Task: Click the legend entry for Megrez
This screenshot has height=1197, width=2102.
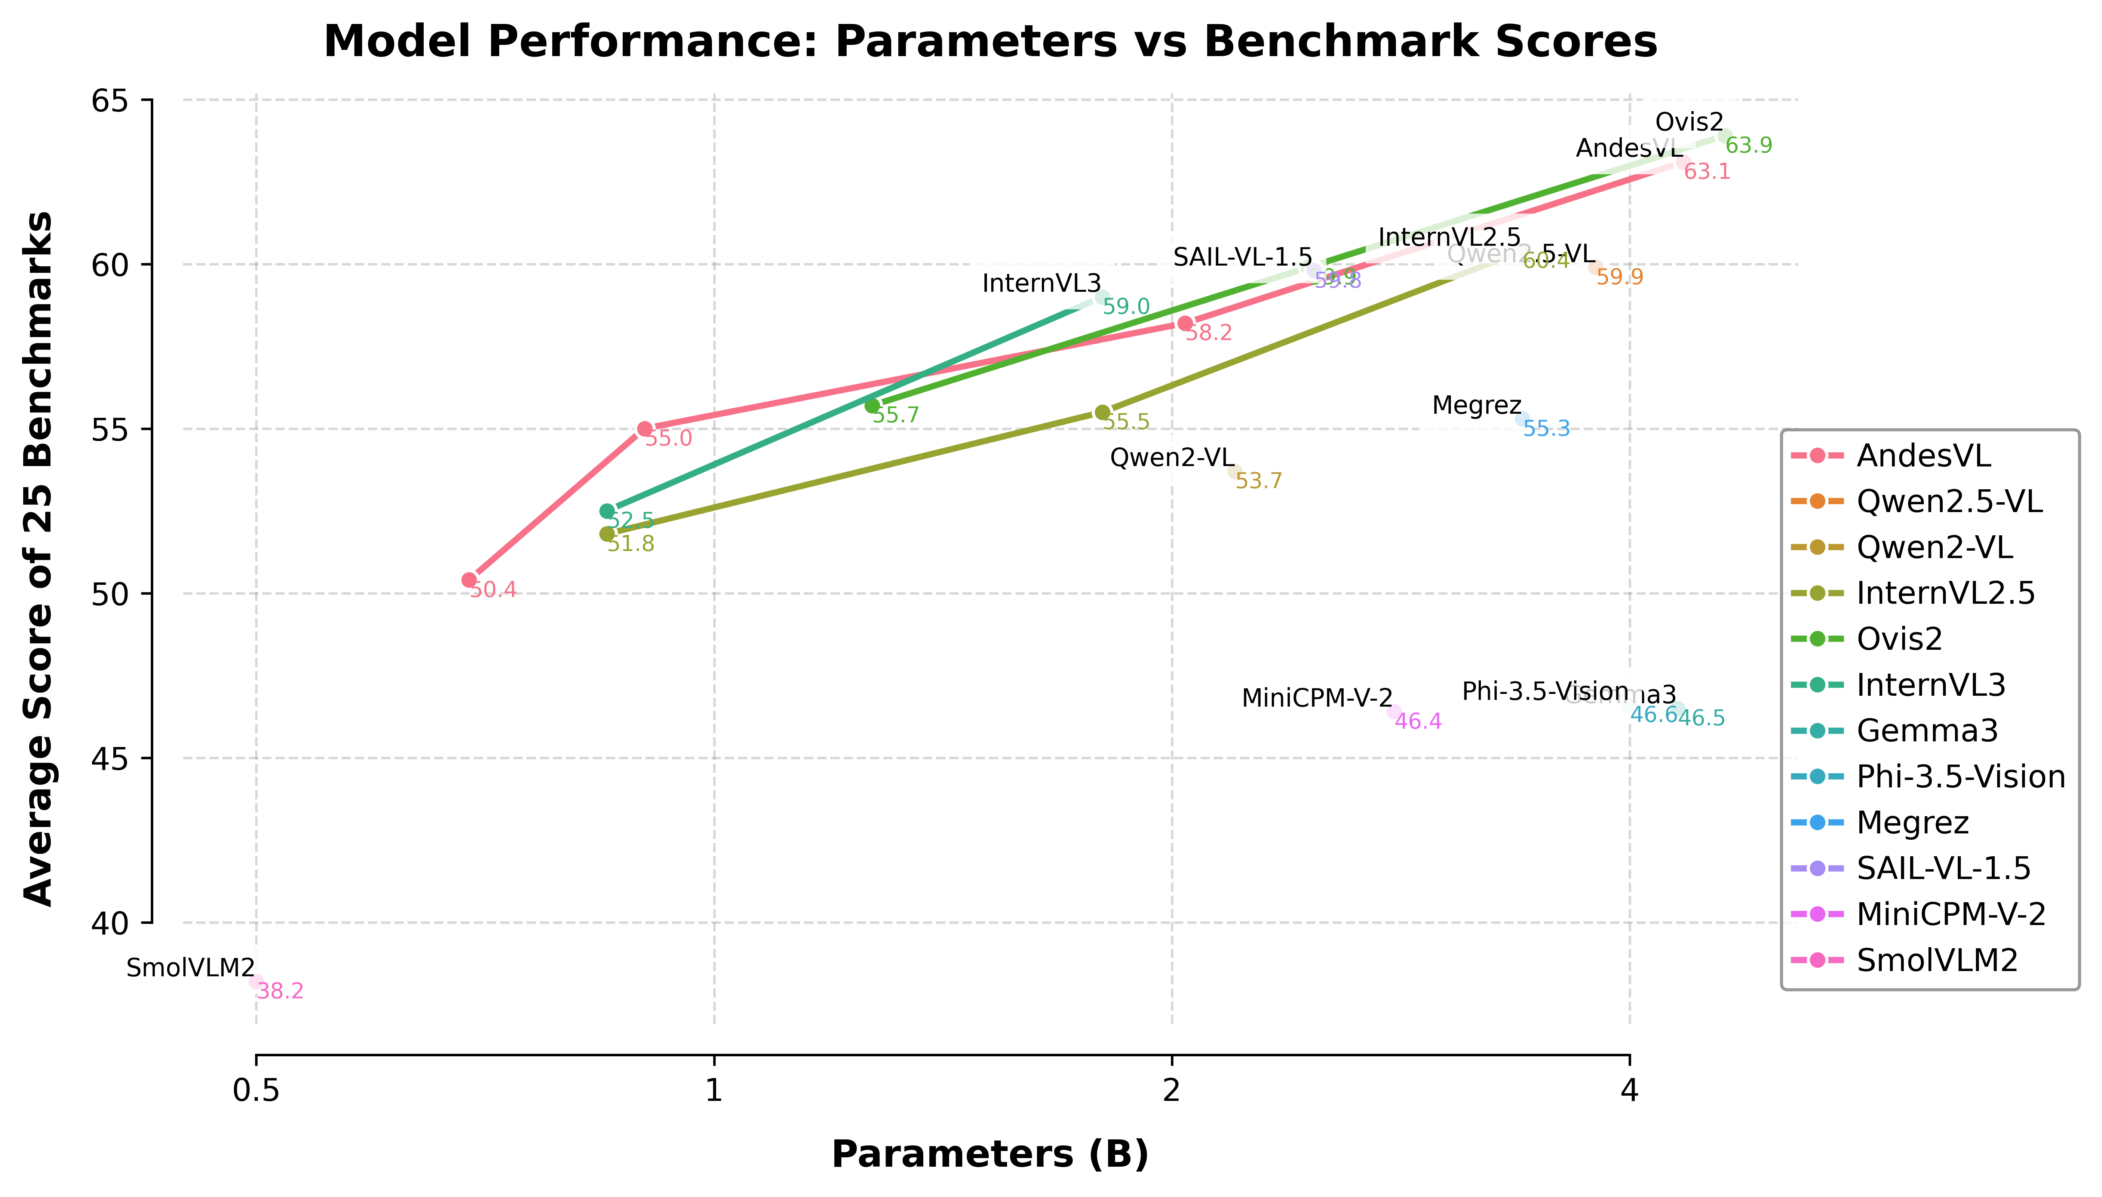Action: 1912,822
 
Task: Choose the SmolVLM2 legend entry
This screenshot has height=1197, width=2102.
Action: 1937,959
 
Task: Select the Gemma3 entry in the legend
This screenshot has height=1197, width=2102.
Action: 1927,730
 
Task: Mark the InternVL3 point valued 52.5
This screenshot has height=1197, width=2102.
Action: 607,511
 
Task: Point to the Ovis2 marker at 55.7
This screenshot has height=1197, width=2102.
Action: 872,405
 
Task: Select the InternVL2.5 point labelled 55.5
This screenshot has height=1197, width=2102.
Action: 1102,412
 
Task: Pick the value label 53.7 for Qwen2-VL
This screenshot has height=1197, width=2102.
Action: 1258,481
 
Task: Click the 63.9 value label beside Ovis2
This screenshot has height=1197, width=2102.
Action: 1749,146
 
